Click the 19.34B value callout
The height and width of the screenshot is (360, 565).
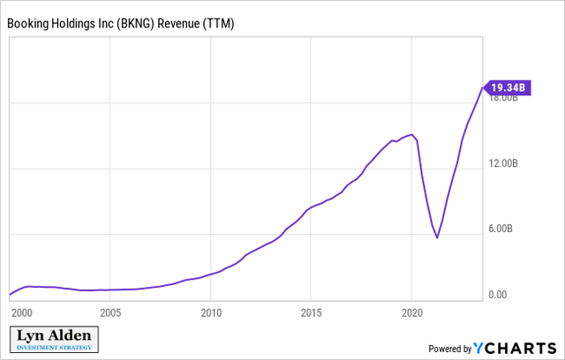[508, 86]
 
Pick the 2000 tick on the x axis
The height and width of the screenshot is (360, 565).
[21, 312]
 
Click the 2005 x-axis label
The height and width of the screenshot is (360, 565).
[110, 312]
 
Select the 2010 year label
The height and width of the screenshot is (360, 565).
[210, 312]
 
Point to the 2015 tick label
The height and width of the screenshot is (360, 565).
[311, 312]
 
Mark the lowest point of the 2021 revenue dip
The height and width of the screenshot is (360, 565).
[437, 237]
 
